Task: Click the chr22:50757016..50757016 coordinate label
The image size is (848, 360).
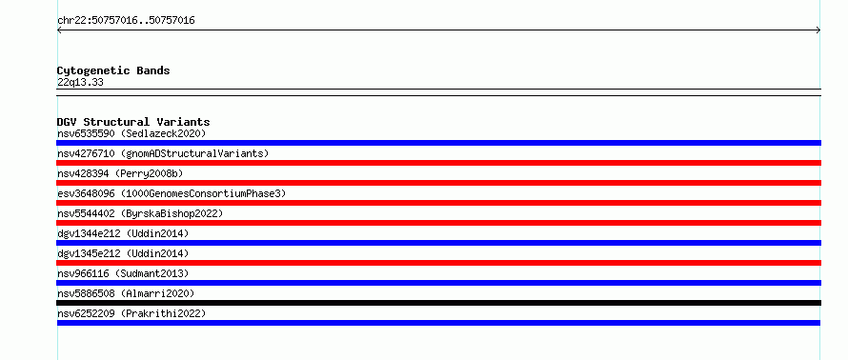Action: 126,21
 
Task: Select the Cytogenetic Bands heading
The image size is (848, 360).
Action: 113,70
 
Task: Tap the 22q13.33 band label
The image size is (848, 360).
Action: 80,83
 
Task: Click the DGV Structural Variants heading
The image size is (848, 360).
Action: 133,122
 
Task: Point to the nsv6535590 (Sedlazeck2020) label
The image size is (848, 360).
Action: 131,133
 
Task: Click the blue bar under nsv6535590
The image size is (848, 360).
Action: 438,143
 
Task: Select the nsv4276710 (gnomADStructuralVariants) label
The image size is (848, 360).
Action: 163,153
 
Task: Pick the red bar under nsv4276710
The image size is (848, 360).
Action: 438,163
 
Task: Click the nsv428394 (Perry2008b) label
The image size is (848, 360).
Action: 120,173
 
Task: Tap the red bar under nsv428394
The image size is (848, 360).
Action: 438,183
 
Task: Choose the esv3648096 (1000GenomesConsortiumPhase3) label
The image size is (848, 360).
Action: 172,193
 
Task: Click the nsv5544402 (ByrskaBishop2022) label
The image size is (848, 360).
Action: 140,213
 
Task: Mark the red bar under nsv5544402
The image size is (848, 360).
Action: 438,223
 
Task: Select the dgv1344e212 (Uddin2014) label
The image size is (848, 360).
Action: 123,233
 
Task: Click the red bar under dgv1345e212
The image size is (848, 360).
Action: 438,263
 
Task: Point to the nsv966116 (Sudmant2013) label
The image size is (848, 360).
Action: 123,273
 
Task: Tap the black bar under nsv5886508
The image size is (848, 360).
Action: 438,303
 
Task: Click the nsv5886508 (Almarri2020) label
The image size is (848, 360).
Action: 126,293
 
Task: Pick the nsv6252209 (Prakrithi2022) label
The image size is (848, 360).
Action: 131,313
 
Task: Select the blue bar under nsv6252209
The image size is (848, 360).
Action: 438,323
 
